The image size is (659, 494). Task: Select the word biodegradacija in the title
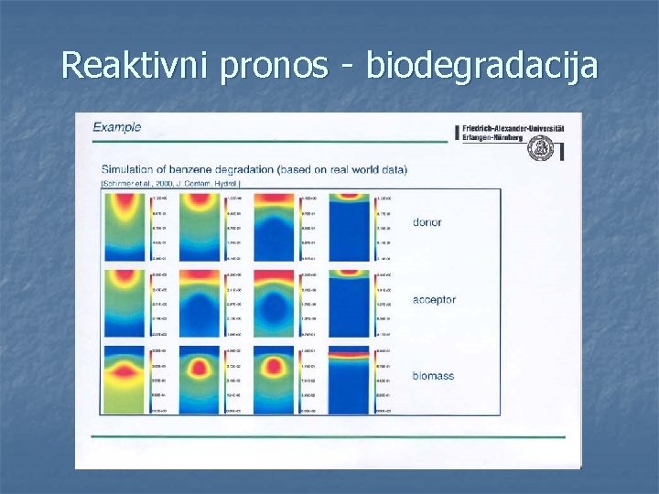[x=481, y=65]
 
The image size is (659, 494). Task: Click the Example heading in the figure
[x=117, y=127]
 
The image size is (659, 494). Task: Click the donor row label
[x=427, y=222]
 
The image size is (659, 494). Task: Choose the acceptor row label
[x=434, y=300]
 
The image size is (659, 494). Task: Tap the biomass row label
[x=433, y=376]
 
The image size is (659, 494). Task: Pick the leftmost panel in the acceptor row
[x=126, y=305]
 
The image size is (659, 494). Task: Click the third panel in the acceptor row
[x=275, y=305]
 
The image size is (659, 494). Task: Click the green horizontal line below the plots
[x=334, y=437]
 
